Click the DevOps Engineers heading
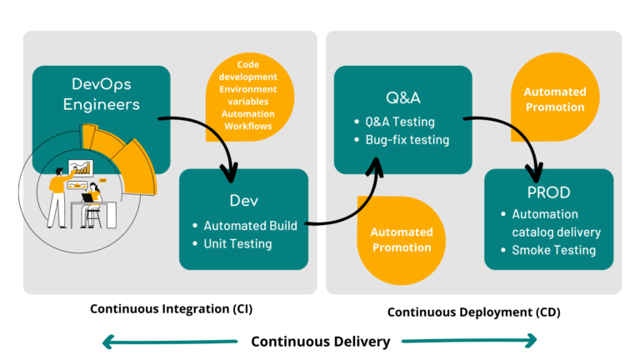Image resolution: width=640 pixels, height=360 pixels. click(x=101, y=94)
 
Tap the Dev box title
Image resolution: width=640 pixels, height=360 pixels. click(x=243, y=200)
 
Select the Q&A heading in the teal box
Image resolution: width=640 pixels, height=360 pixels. click(x=402, y=97)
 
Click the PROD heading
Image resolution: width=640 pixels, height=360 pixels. click(x=548, y=192)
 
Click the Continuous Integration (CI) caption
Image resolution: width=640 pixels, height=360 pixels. click(x=172, y=309)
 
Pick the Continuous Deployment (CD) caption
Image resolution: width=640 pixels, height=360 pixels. click(x=474, y=312)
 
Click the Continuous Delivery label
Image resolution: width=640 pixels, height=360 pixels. click(x=320, y=342)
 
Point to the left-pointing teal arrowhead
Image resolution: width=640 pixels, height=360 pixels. click(x=107, y=342)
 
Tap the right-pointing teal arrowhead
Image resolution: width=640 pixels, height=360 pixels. click(x=531, y=340)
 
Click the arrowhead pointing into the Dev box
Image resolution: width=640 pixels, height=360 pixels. click(x=230, y=173)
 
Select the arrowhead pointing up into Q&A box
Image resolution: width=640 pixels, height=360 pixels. click(x=376, y=166)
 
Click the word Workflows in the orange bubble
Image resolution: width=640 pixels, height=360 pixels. click(x=247, y=126)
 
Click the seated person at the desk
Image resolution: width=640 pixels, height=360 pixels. click(x=92, y=205)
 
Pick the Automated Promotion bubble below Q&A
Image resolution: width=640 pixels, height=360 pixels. click(x=401, y=240)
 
